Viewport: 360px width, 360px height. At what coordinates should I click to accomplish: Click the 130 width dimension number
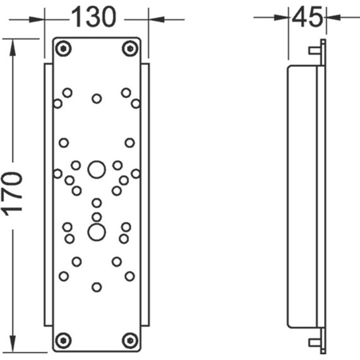pyautogui.click(x=93, y=17)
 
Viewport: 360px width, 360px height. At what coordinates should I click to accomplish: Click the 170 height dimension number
pyautogui.click(x=13, y=194)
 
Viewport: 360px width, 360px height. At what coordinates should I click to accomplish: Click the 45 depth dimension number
pyautogui.click(x=307, y=16)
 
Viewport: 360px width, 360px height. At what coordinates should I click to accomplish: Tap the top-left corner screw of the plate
pyautogui.click(x=63, y=49)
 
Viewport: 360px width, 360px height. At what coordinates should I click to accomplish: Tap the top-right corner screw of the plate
pyautogui.click(x=130, y=49)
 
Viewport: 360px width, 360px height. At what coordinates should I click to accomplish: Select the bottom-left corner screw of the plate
pyautogui.click(x=63, y=340)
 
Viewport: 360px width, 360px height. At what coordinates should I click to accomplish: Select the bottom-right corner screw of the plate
pyautogui.click(x=130, y=340)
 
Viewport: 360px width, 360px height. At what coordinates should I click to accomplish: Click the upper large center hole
pyautogui.click(x=97, y=170)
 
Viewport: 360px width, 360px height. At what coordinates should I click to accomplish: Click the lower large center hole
pyautogui.click(x=97, y=232)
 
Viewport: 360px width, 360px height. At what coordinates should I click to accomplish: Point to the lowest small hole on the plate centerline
pyautogui.click(x=97, y=287)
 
